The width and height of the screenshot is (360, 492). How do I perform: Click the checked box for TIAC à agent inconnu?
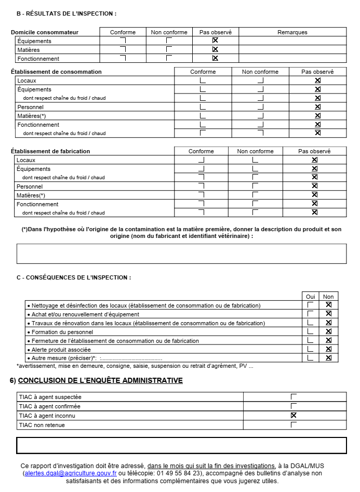pyautogui.click(x=294, y=415)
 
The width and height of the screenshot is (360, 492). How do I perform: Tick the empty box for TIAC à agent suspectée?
pyautogui.click(x=294, y=397)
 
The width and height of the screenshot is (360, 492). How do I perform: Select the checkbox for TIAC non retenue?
pyautogui.click(x=294, y=424)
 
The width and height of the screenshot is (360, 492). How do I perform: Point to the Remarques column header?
pyautogui.click(x=292, y=32)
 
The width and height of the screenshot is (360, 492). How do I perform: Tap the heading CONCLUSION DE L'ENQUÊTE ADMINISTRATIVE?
pyautogui.click(x=100, y=380)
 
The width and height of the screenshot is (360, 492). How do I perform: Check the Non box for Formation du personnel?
pyautogui.click(x=328, y=331)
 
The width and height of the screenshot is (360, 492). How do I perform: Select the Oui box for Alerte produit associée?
pyautogui.click(x=310, y=349)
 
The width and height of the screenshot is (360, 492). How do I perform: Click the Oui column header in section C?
pyautogui.click(x=310, y=297)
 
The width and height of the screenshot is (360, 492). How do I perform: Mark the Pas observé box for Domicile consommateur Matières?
pyautogui.click(x=215, y=49)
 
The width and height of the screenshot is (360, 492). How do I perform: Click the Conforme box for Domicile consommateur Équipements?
pyautogui.click(x=123, y=41)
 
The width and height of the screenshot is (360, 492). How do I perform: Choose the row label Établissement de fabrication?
pyautogui.click(x=50, y=151)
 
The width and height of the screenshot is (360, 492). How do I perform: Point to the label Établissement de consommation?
pyautogui.click(x=56, y=72)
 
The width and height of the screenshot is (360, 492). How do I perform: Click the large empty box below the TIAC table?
pyautogui.click(x=181, y=445)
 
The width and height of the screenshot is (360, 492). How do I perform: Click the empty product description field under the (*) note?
pyautogui.click(x=181, y=254)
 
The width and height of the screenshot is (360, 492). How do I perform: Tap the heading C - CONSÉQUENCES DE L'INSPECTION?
pyautogui.click(x=74, y=277)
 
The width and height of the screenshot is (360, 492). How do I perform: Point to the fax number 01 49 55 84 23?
pyautogui.click(x=181, y=473)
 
